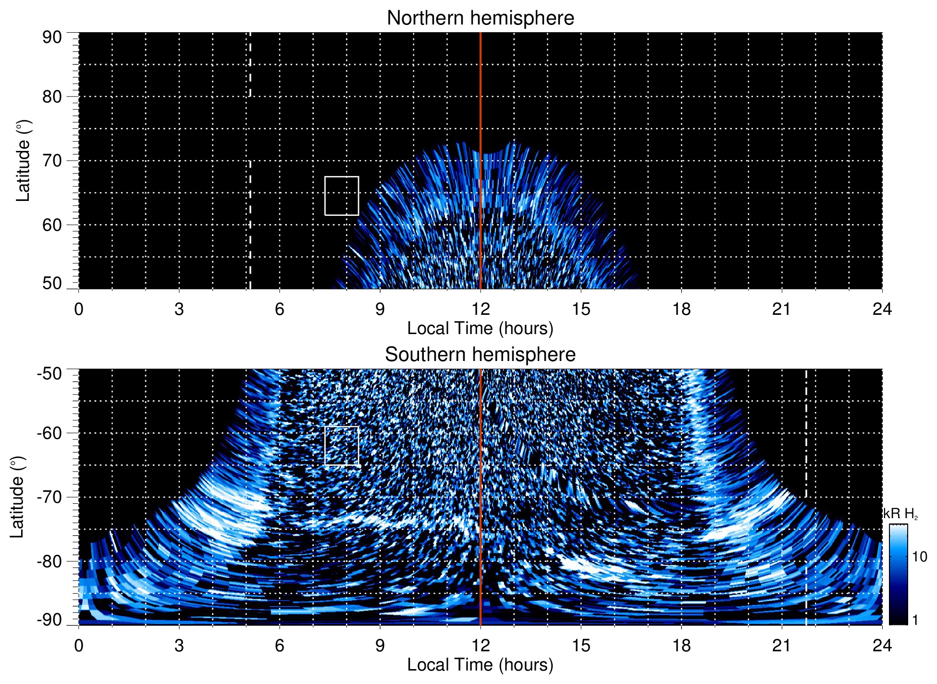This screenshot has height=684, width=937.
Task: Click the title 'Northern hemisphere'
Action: coord(480,18)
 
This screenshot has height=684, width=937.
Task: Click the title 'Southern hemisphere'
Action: coord(480,355)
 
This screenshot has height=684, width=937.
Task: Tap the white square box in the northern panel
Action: coord(342,196)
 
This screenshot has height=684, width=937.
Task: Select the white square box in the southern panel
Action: coord(342,446)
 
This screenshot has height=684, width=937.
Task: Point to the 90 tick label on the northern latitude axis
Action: coord(52,37)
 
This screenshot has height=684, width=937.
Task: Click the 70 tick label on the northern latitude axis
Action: coord(52,161)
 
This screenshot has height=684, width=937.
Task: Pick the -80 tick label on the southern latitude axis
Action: coord(49,561)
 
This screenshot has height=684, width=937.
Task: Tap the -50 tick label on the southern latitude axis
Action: coord(49,373)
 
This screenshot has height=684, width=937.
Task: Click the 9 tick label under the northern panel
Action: coord(380,309)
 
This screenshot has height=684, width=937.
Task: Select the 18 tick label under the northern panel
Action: coord(681,309)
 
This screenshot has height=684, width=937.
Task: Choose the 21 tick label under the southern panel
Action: coord(782,646)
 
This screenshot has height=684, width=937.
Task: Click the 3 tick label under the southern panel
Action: coord(179,646)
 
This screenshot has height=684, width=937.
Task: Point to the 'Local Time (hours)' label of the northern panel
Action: coord(480,329)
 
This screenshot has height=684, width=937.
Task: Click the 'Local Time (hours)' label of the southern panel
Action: coord(480,665)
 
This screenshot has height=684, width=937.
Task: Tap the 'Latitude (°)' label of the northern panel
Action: coord(23,161)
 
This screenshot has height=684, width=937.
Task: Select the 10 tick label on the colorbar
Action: coord(919,557)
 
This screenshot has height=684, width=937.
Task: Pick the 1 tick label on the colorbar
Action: coord(915,620)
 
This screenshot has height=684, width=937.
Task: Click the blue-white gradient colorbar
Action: coord(898,574)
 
